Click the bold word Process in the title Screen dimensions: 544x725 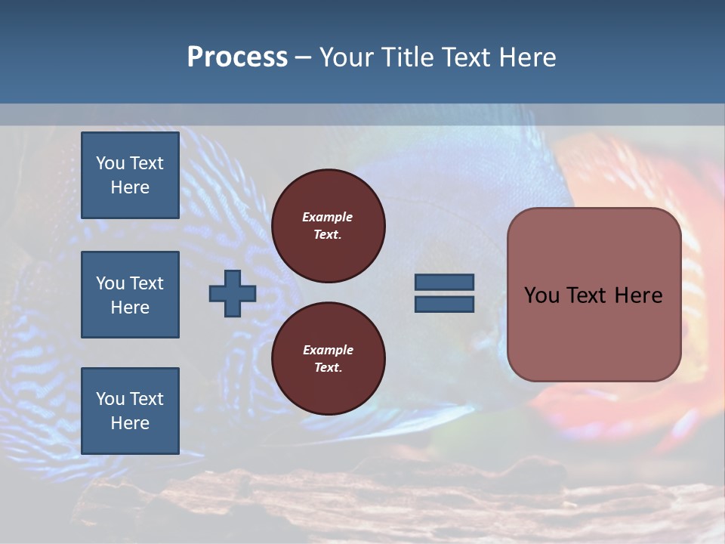point(237,57)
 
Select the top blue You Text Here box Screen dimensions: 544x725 point(130,175)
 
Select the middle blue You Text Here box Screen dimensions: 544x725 point(130,295)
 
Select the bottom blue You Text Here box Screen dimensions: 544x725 point(130,410)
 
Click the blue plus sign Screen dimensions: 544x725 point(233,293)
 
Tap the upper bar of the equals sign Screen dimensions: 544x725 point(444,282)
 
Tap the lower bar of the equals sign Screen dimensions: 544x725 point(444,304)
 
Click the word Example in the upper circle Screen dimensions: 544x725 point(327,217)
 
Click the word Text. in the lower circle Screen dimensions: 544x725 point(328,367)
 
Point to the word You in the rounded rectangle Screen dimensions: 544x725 point(541,295)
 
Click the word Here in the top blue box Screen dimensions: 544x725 point(130,187)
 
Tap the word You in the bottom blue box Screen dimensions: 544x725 point(110,398)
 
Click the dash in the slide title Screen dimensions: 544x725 point(303,57)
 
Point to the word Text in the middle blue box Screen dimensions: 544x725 point(147,283)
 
